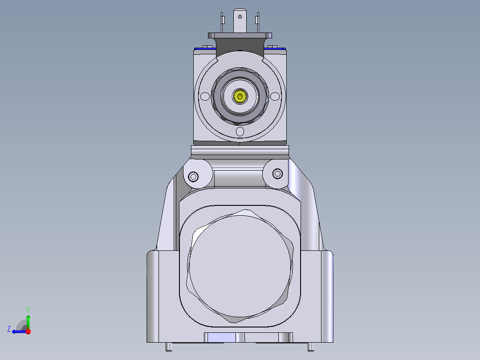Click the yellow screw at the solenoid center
(x=240, y=96)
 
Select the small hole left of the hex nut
(x=205, y=96)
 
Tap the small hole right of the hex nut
(x=276, y=96)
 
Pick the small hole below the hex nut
(x=240, y=131)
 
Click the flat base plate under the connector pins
(x=240, y=35)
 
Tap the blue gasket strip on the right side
(x=275, y=48)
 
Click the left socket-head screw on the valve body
(x=193, y=177)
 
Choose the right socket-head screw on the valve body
(x=277, y=173)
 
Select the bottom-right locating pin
(x=311, y=346)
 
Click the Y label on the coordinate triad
(x=28, y=309)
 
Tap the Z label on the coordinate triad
(x=9, y=329)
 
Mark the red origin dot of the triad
(x=28, y=331)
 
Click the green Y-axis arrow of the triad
(x=28, y=321)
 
